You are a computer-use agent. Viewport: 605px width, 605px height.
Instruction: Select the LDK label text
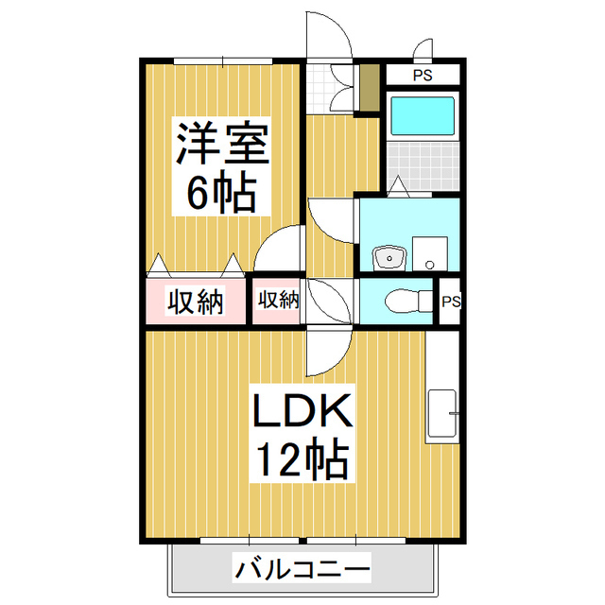click(x=302, y=412)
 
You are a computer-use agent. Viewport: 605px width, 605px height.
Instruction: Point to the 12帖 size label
click(x=302, y=460)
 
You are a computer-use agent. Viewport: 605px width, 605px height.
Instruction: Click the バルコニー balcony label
click(x=302, y=570)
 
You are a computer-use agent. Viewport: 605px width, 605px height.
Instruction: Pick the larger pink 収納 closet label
click(x=196, y=302)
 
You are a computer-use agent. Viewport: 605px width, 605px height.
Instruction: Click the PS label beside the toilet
click(x=451, y=302)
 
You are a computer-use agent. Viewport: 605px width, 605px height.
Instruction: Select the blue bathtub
click(x=423, y=116)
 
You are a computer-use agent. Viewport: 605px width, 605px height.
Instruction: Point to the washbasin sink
click(x=387, y=256)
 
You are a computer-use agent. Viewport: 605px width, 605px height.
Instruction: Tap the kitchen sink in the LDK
click(x=442, y=413)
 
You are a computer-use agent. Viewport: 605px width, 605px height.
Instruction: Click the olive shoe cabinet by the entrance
click(x=367, y=87)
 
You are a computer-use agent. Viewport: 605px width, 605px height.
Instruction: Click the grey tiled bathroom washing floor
click(x=423, y=164)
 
